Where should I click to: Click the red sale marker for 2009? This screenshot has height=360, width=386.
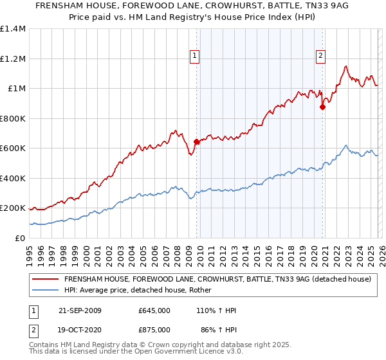click(196, 142)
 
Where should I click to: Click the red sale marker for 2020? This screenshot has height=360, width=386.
click(322, 107)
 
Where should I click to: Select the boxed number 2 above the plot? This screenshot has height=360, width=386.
click(320, 56)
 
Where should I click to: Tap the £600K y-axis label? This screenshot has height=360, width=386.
click(13, 148)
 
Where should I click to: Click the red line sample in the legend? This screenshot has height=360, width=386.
click(45, 280)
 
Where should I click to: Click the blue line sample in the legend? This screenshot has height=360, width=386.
click(45, 291)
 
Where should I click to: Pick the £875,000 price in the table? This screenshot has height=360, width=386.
click(154, 329)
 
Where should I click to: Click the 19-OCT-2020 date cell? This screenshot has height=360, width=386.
click(78, 329)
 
